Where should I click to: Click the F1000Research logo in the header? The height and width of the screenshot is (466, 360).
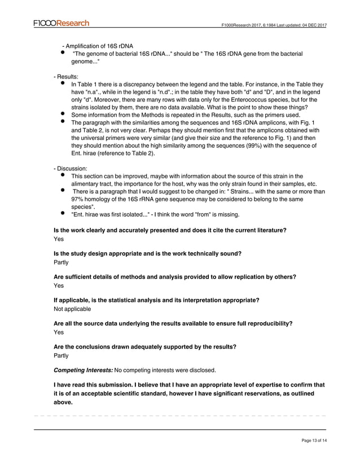tap(61, 23)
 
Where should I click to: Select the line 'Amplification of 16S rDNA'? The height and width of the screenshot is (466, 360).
tap(101, 46)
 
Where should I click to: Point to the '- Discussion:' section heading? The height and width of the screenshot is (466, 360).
tap(71, 168)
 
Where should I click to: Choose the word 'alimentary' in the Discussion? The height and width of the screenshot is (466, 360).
tap(87, 183)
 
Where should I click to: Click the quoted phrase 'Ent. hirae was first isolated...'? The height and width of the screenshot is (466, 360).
tap(111, 214)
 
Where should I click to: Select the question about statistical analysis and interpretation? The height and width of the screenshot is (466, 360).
tap(156, 300)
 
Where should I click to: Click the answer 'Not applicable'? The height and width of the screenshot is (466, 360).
tap(72, 309)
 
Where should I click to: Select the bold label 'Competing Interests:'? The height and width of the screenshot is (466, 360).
tap(83, 371)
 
